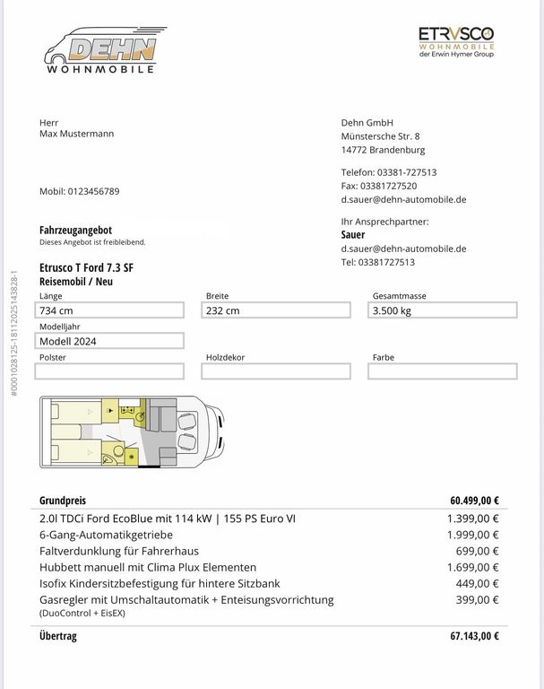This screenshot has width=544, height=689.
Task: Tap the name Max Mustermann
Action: pyautogui.click(x=77, y=134)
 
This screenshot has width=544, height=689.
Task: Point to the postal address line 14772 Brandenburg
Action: pyautogui.click(x=383, y=150)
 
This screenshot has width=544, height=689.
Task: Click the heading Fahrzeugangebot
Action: pyautogui.click(x=75, y=230)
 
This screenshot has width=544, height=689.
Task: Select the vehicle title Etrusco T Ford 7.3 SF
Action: pyautogui.click(x=86, y=267)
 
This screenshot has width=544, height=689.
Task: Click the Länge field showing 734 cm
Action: pyautogui.click(x=110, y=310)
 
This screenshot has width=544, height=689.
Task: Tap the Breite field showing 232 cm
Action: pyautogui.click(x=276, y=310)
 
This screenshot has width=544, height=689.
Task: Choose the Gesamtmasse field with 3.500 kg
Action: pyautogui.click(x=443, y=310)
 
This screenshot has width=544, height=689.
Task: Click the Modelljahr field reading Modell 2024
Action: pyautogui.click(x=110, y=341)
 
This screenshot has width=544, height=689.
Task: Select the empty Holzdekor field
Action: pyautogui.click(x=276, y=371)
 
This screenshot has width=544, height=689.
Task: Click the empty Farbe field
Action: pyautogui.click(x=443, y=371)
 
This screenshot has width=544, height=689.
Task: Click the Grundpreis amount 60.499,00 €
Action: pyautogui.click(x=474, y=501)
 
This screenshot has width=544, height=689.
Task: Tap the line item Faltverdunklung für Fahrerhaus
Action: pyautogui.click(x=119, y=551)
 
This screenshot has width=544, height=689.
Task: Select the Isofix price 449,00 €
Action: pyautogui.click(x=477, y=583)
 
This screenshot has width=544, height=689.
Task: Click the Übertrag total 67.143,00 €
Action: pyautogui.click(x=474, y=636)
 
